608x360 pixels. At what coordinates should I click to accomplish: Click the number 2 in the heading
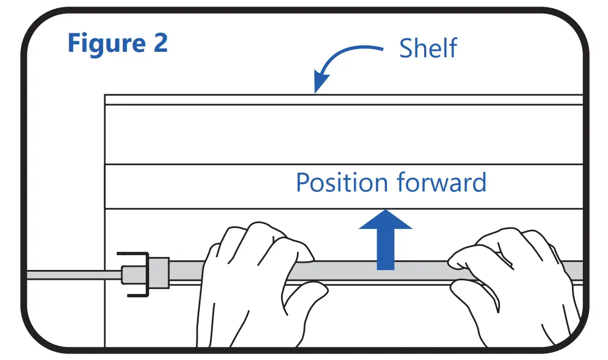point(160,44)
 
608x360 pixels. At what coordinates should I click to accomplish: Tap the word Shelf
point(428,48)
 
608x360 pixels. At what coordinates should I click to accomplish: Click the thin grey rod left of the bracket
point(71,274)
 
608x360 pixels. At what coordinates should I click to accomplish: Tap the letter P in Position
point(302,183)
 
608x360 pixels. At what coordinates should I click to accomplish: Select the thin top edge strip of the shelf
point(344,99)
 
